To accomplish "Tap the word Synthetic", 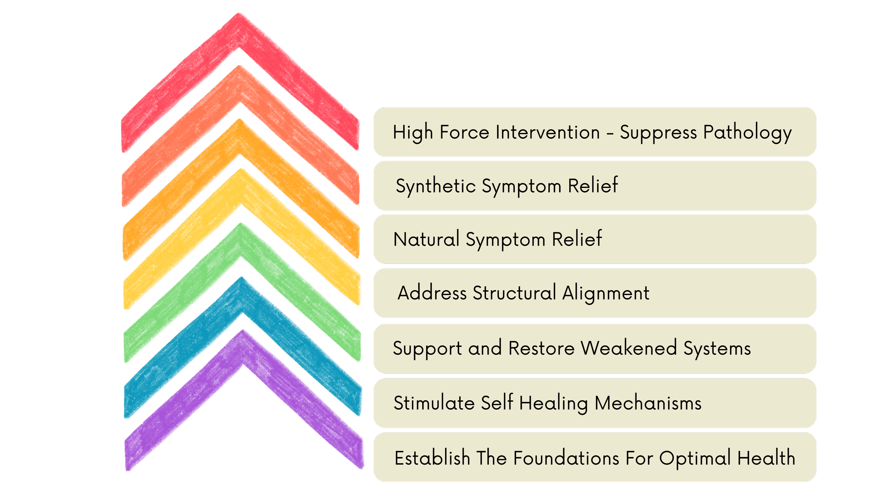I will click(x=435, y=186).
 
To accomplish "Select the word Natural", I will click(x=426, y=239).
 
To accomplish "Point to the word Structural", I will click(x=514, y=293).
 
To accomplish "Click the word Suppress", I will click(x=658, y=133).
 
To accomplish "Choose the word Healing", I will click(x=553, y=403).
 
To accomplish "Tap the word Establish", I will click(x=432, y=458).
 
